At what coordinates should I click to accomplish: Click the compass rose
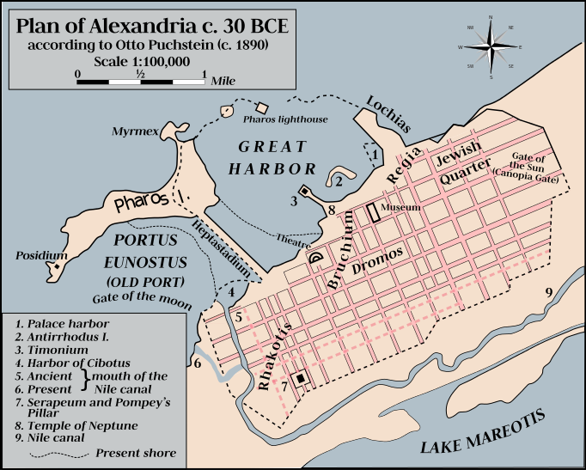[491, 46]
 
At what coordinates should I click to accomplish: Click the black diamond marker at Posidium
[58, 268]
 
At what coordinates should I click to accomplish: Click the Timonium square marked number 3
[305, 191]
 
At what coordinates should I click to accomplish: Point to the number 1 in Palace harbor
[375, 154]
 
